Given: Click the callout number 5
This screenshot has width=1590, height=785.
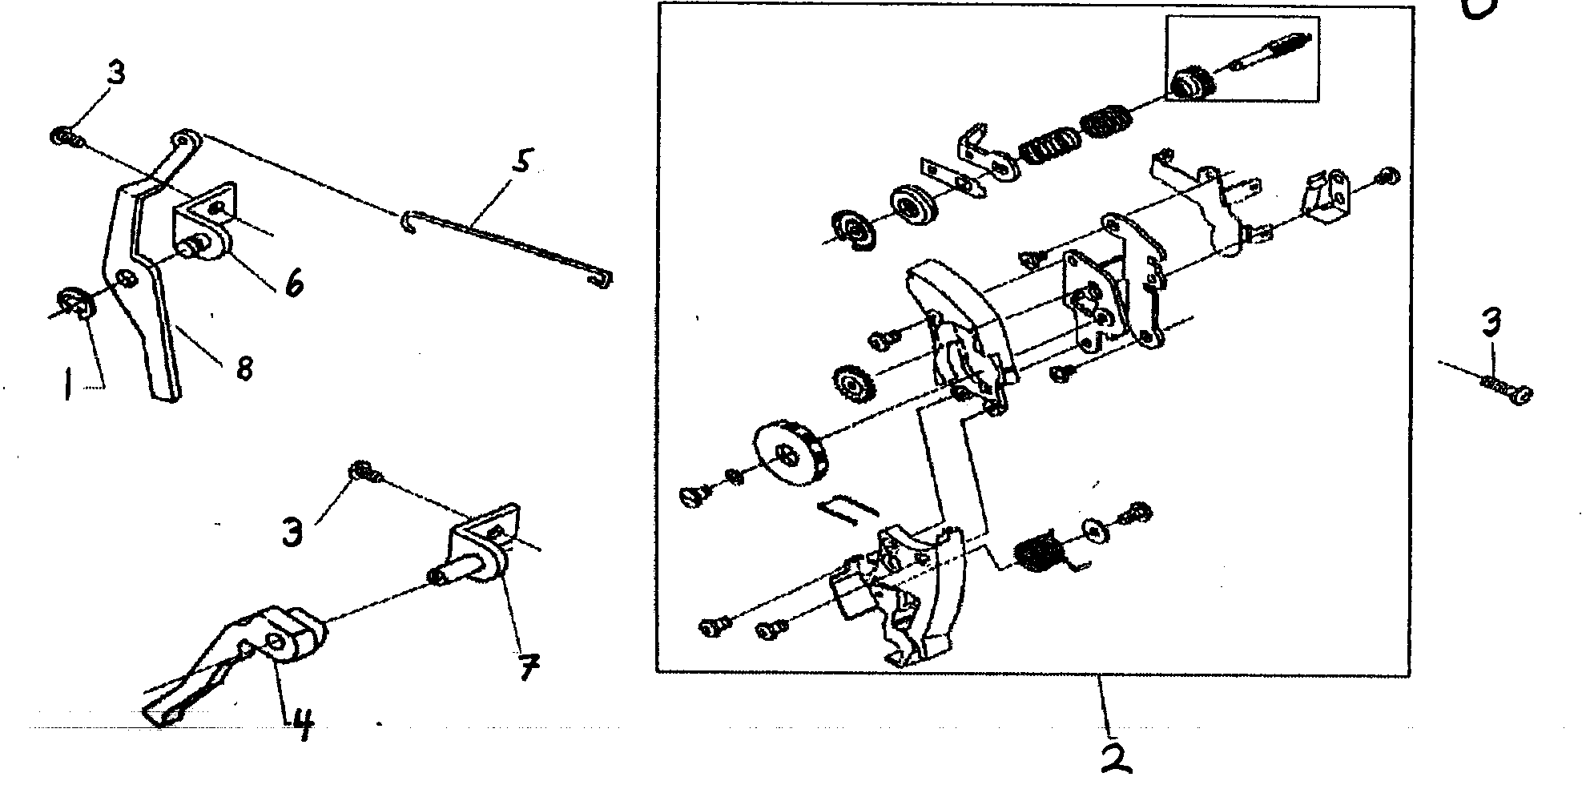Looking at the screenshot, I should coord(521,163).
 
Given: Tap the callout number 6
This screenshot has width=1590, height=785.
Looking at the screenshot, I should coord(294,282).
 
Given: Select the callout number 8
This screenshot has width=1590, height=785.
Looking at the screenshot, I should coord(244,368).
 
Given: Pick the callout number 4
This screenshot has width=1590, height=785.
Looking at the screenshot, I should coord(304,727).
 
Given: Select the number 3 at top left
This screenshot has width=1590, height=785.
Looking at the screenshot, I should coord(115,73).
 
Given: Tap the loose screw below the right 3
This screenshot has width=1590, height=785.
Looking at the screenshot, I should coord(1506,390).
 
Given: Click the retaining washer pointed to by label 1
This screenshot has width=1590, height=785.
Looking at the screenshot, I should coord(76,304).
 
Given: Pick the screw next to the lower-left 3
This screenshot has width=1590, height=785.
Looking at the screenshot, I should coord(365,473).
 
